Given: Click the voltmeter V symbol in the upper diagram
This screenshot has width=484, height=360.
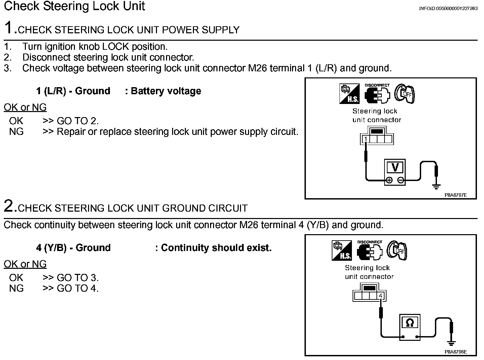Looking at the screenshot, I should point(395,167).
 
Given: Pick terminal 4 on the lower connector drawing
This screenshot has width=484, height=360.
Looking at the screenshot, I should point(380,296).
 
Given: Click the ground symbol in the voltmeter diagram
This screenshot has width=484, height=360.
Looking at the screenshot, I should point(436,186).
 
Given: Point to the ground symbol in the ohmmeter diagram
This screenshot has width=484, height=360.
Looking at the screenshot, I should point(451,343).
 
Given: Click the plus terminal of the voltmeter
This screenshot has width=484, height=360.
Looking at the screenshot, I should point(389,180).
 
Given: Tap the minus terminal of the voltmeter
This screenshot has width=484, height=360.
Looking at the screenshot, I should point(401,180).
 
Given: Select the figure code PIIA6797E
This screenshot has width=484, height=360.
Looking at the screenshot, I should point(455,195).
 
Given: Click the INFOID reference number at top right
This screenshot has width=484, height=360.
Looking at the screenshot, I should point(448,9).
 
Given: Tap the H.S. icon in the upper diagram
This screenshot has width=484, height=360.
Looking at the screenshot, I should point(349,94).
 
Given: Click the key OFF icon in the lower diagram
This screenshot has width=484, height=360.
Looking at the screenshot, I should point(397,250).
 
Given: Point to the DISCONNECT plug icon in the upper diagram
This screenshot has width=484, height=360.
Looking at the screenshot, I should point(377,94).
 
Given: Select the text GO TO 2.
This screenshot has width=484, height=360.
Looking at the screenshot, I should point(78,121).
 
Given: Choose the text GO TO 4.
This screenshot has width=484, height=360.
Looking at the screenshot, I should point(78,288).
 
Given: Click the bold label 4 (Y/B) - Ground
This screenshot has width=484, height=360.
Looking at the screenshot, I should point(73,248).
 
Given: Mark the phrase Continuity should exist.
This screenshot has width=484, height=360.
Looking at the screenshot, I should point(216,248).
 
